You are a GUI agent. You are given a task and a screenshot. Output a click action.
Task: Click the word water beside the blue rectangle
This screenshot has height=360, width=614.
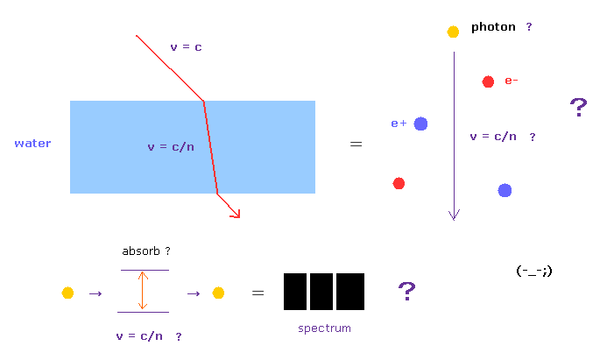(32, 144)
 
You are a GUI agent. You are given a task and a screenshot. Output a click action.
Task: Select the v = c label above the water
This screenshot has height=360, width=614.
(186, 47)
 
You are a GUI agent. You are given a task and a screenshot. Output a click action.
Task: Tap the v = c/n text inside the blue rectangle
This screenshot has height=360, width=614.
(171, 147)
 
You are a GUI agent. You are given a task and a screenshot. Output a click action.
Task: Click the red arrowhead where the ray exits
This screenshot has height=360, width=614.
(236, 214)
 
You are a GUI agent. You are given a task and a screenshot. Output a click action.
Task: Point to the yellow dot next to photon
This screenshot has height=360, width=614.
(453, 32)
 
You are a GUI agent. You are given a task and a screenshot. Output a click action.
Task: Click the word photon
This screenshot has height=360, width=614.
(493, 27)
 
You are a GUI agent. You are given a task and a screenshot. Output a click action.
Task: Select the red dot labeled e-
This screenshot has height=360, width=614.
(488, 81)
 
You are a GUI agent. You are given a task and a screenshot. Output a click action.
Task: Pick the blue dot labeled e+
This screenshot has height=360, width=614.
(421, 124)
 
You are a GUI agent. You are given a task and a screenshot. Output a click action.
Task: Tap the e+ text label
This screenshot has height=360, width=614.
(399, 124)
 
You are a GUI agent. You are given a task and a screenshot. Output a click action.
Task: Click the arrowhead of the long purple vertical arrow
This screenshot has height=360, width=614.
(455, 215)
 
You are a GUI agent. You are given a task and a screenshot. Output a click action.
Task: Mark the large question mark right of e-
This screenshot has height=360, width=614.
(578, 108)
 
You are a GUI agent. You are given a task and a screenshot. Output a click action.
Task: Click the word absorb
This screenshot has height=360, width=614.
(141, 251)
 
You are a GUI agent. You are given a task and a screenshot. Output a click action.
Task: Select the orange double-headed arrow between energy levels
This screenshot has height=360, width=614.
(143, 291)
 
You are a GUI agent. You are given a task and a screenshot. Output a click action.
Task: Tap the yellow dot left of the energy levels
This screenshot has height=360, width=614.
(67, 293)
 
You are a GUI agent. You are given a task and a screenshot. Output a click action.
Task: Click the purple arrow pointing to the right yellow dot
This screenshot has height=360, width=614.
(194, 293)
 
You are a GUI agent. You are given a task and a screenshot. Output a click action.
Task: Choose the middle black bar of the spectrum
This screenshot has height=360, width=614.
(321, 292)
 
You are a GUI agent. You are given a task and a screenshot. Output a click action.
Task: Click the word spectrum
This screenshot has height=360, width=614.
(324, 328)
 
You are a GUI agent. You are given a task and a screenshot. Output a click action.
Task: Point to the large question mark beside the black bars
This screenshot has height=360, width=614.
(407, 291)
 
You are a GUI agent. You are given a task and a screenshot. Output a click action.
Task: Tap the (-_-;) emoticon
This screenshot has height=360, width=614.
(534, 271)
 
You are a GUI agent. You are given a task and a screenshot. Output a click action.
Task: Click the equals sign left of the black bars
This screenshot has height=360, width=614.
(258, 293)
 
